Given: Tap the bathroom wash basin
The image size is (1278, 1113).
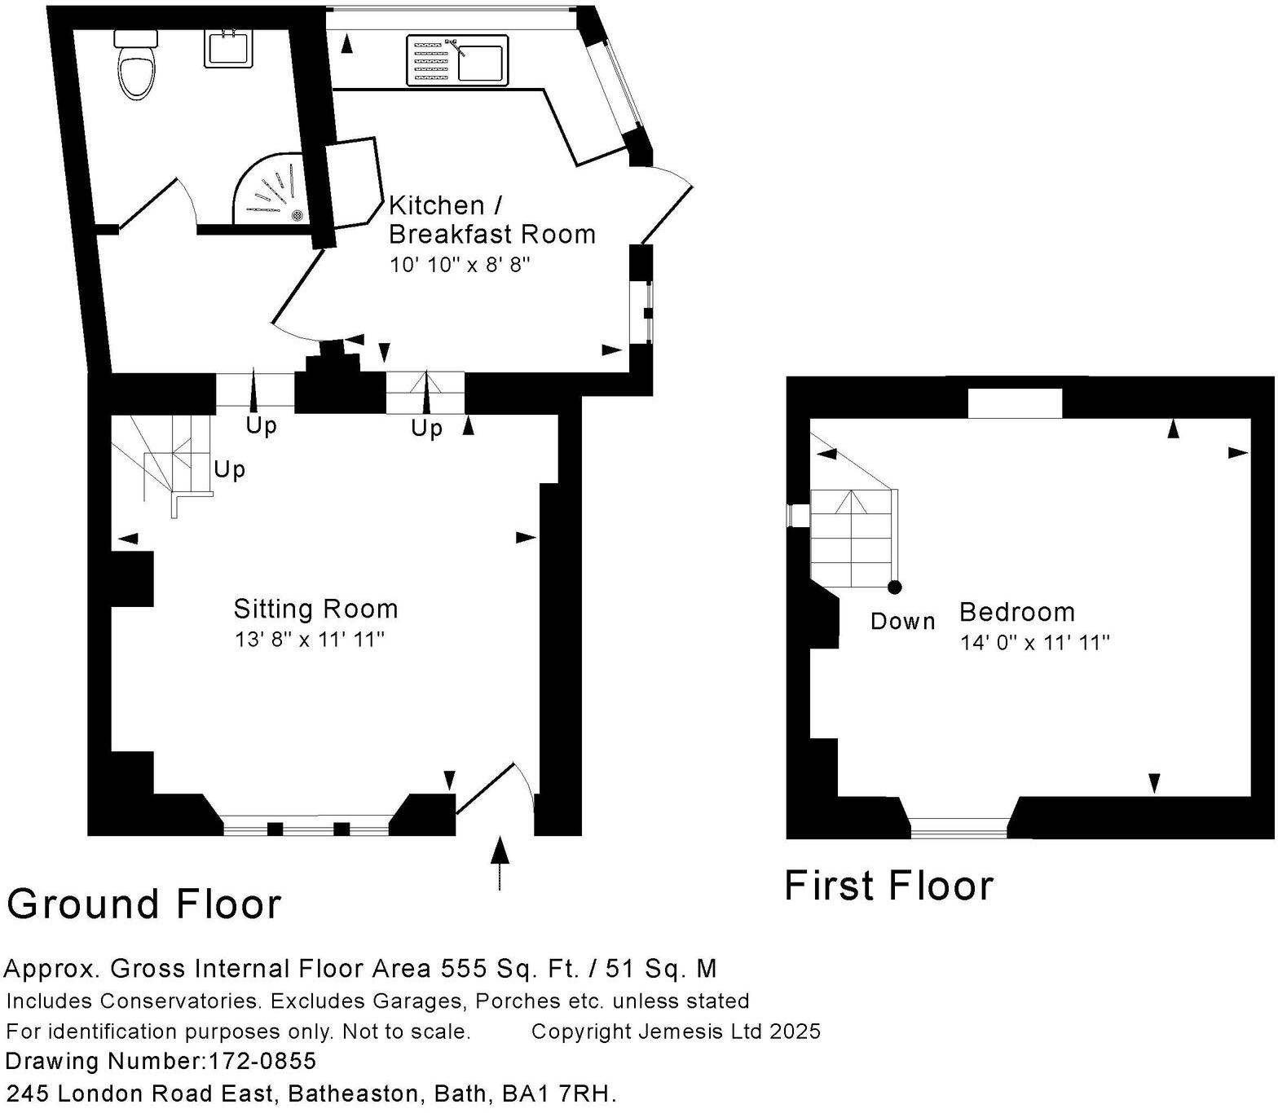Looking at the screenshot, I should [x=227, y=48].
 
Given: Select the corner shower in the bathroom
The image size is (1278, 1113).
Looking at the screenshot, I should [x=271, y=191].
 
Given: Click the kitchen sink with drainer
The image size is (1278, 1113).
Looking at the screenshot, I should [x=456, y=59].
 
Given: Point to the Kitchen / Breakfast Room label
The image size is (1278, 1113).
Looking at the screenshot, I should [x=491, y=219].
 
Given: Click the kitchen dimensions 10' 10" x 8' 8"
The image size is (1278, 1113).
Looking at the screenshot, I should [x=460, y=265].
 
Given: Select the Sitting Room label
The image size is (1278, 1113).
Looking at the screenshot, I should [x=315, y=609].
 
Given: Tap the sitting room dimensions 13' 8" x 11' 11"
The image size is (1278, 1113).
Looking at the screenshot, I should [x=309, y=640].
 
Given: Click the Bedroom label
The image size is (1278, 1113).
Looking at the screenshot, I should [x=1016, y=612].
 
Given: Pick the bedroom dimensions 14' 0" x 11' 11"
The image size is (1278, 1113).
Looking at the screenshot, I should [x=1034, y=643].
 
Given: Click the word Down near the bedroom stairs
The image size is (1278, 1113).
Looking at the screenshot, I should [x=902, y=621].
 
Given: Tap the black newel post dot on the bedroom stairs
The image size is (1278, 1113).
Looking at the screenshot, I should [x=895, y=587].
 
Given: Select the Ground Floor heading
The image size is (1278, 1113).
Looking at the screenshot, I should [x=144, y=904].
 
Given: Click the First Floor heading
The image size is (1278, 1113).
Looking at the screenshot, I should [x=888, y=886].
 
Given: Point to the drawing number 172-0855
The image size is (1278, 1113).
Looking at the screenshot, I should [x=262, y=1061].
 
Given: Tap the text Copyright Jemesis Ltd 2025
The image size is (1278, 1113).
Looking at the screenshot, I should [x=676, y=1032].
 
